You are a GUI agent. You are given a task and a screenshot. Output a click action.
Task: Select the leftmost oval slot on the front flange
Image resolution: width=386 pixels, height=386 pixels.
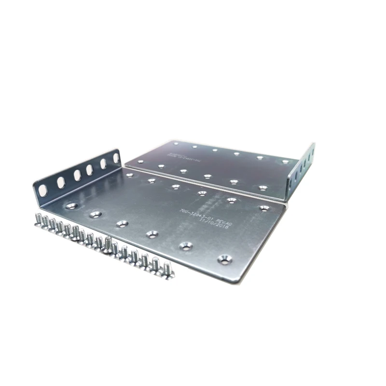click(x=43, y=190)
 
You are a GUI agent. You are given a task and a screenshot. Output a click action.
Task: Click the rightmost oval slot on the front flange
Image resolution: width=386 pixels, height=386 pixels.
click(x=116, y=157)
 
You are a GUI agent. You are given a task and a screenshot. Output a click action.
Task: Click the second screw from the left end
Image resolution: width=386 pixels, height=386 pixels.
click(x=45, y=223)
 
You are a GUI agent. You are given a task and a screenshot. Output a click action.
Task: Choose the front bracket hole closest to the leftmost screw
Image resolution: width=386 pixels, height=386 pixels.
click(x=71, y=206)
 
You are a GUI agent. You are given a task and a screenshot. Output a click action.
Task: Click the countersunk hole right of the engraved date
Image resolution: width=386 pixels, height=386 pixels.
click(x=264, y=208)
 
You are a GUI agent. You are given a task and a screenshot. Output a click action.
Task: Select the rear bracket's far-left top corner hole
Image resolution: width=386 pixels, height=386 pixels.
click(x=176, y=143)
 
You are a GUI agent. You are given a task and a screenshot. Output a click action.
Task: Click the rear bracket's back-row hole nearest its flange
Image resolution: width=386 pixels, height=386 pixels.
click(x=285, y=161)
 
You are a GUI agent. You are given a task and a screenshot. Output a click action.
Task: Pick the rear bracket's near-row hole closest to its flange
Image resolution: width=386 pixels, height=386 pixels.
click(x=262, y=187)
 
